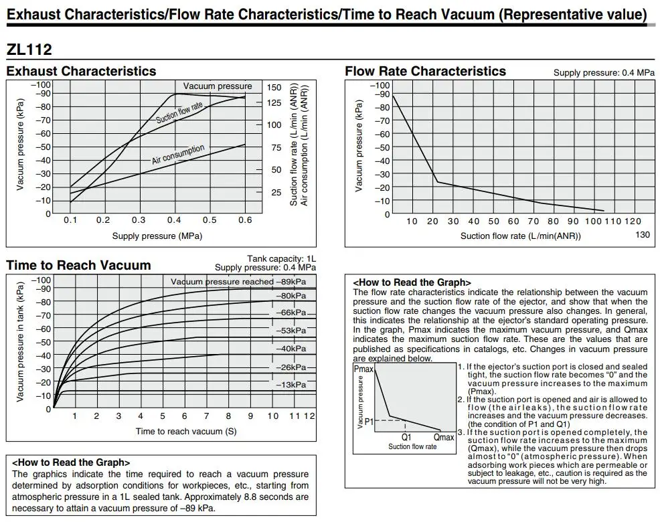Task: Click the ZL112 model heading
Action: [x=29, y=50]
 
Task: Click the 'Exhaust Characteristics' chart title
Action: [x=81, y=71]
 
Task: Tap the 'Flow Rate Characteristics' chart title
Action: [x=425, y=71]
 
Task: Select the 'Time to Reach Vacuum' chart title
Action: [x=78, y=265]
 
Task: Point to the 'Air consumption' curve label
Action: [x=178, y=154]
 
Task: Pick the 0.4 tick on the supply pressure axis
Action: [x=173, y=220]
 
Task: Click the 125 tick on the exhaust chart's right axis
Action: [x=274, y=102]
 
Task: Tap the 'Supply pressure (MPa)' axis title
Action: [x=157, y=236]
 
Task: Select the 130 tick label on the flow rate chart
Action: [x=642, y=234]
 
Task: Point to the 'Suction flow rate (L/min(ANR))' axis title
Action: [x=520, y=236]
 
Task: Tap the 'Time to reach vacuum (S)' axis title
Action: [x=185, y=431]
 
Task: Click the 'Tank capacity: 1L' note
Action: [x=281, y=258]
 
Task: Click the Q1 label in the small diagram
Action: [x=406, y=436]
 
